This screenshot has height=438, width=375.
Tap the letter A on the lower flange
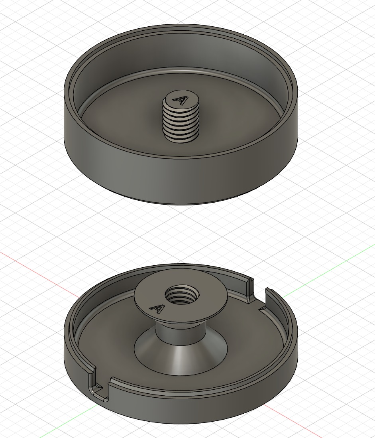157,309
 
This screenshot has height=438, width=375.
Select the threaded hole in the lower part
182,296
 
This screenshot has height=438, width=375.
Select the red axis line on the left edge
39,270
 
